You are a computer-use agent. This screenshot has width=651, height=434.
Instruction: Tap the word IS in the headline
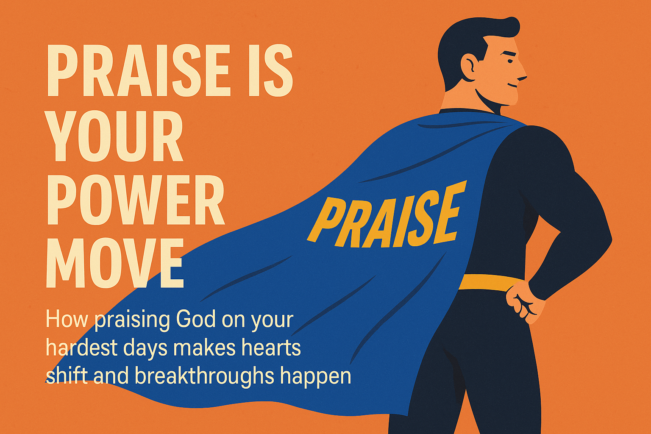coord(270,70)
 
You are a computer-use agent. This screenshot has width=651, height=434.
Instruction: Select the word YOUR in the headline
coord(114,136)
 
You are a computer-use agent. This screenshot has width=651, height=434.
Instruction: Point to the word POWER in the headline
coord(136,200)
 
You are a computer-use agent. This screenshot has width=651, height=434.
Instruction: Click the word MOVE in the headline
coord(115,263)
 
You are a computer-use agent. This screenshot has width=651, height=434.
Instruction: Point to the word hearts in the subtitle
coord(270,348)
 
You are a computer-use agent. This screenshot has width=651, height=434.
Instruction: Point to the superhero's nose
coord(522,75)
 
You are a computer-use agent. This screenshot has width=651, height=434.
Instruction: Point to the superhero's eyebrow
coord(510,54)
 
